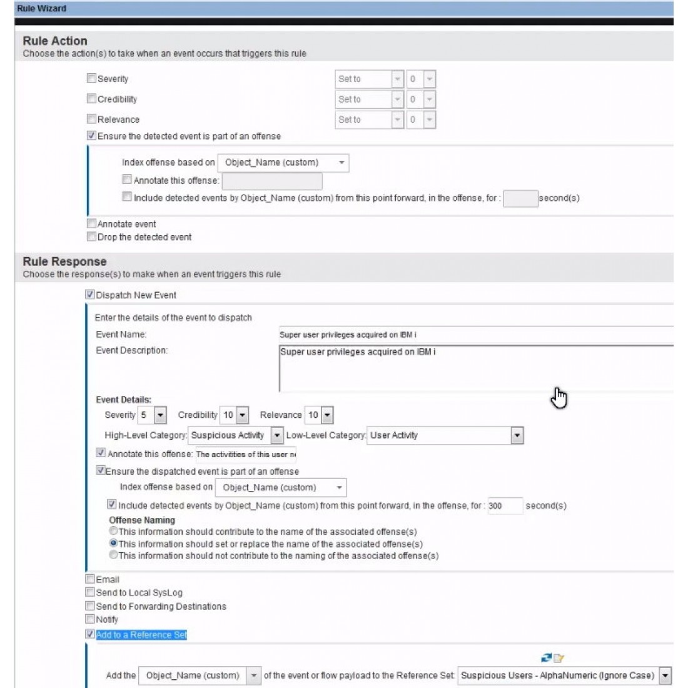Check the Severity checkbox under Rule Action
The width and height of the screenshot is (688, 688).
pyautogui.click(x=91, y=78)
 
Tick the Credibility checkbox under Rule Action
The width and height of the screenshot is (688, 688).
pyautogui.click(x=91, y=98)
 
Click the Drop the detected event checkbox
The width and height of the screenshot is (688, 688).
pyautogui.click(x=91, y=236)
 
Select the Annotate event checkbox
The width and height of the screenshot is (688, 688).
pyautogui.click(x=91, y=223)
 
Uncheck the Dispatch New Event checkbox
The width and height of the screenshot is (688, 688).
pyautogui.click(x=90, y=294)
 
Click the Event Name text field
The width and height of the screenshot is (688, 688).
pyautogui.click(x=475, y=335)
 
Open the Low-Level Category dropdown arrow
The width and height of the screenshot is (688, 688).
pyautogui.click(x=517, y=435)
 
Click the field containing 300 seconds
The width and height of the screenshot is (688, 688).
pyautogui.click(x=504, y=505)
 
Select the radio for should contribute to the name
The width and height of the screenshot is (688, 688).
pyautogui.click(x=114, y=531)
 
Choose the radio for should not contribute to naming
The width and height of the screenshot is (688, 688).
pyautogui.click(x=114, y=555)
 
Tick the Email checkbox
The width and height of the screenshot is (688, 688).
pyautogui.click(x=90, y=579)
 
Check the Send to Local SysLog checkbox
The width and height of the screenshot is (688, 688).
pyautogui.click(x=90, y=592)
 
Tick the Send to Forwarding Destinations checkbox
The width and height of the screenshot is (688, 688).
pyautogui.click(x=90, y=605)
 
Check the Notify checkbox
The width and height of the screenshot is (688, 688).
pyautogui.click(x=90, y=619)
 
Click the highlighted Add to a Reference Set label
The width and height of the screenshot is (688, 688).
pyautogui.click(x=141, y=634)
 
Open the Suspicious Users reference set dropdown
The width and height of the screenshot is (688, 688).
pyautogui.click(x=665, y=675)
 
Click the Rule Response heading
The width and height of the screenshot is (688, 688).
pyautogui.click(x=64, y=261)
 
